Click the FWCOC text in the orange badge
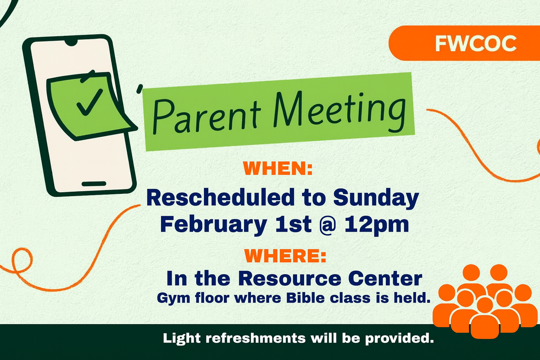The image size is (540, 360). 476,44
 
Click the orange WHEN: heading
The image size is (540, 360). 278,168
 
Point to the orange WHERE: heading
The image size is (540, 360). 285,256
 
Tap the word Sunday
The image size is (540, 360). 376,198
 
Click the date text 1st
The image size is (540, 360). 293,224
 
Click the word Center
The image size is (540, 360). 385,278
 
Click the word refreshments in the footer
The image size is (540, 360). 256,338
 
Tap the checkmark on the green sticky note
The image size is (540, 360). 89,102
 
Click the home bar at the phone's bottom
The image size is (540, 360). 94,184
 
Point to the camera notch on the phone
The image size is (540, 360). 71,43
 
